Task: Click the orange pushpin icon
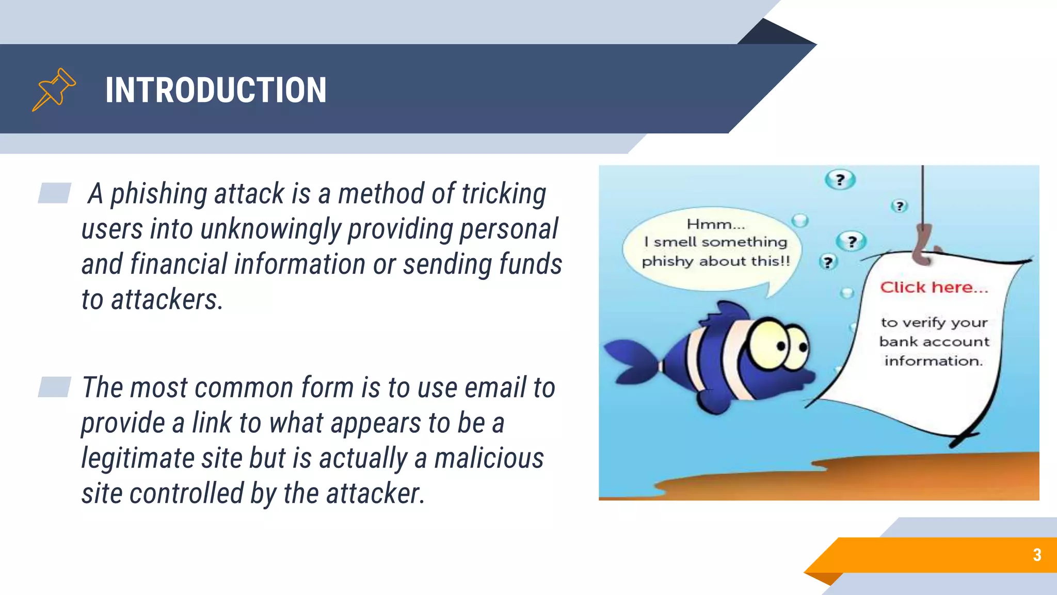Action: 54,89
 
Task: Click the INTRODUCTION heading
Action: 216,90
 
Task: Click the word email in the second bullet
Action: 495,388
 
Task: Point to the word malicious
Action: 489,459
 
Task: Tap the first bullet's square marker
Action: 54,193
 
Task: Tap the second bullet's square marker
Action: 54,387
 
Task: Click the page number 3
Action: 1037,555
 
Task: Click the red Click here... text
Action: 934,287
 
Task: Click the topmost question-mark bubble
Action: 840,180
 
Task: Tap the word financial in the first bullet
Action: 179,264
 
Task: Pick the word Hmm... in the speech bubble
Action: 716,224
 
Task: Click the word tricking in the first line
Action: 504,194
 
